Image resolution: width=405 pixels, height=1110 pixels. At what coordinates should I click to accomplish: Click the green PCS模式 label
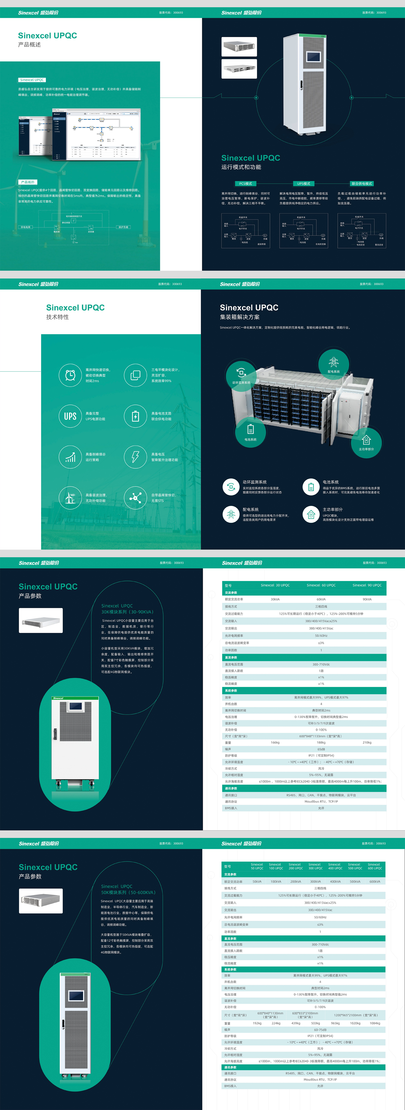245,183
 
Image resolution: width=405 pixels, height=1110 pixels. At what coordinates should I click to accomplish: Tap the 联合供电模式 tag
361,183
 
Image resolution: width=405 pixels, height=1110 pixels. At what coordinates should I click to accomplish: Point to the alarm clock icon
70,375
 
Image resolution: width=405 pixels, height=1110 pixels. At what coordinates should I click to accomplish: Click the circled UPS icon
70,416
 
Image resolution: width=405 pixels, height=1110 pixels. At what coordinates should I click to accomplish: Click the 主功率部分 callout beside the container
366,442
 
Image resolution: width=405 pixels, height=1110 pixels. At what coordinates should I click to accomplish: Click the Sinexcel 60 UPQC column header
321,585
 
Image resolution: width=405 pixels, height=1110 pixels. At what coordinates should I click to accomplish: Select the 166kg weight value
275,742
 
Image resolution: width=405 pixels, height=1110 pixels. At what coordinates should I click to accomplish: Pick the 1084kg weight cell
374,1023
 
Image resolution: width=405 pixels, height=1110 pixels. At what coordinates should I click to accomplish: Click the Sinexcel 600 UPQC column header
374,866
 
